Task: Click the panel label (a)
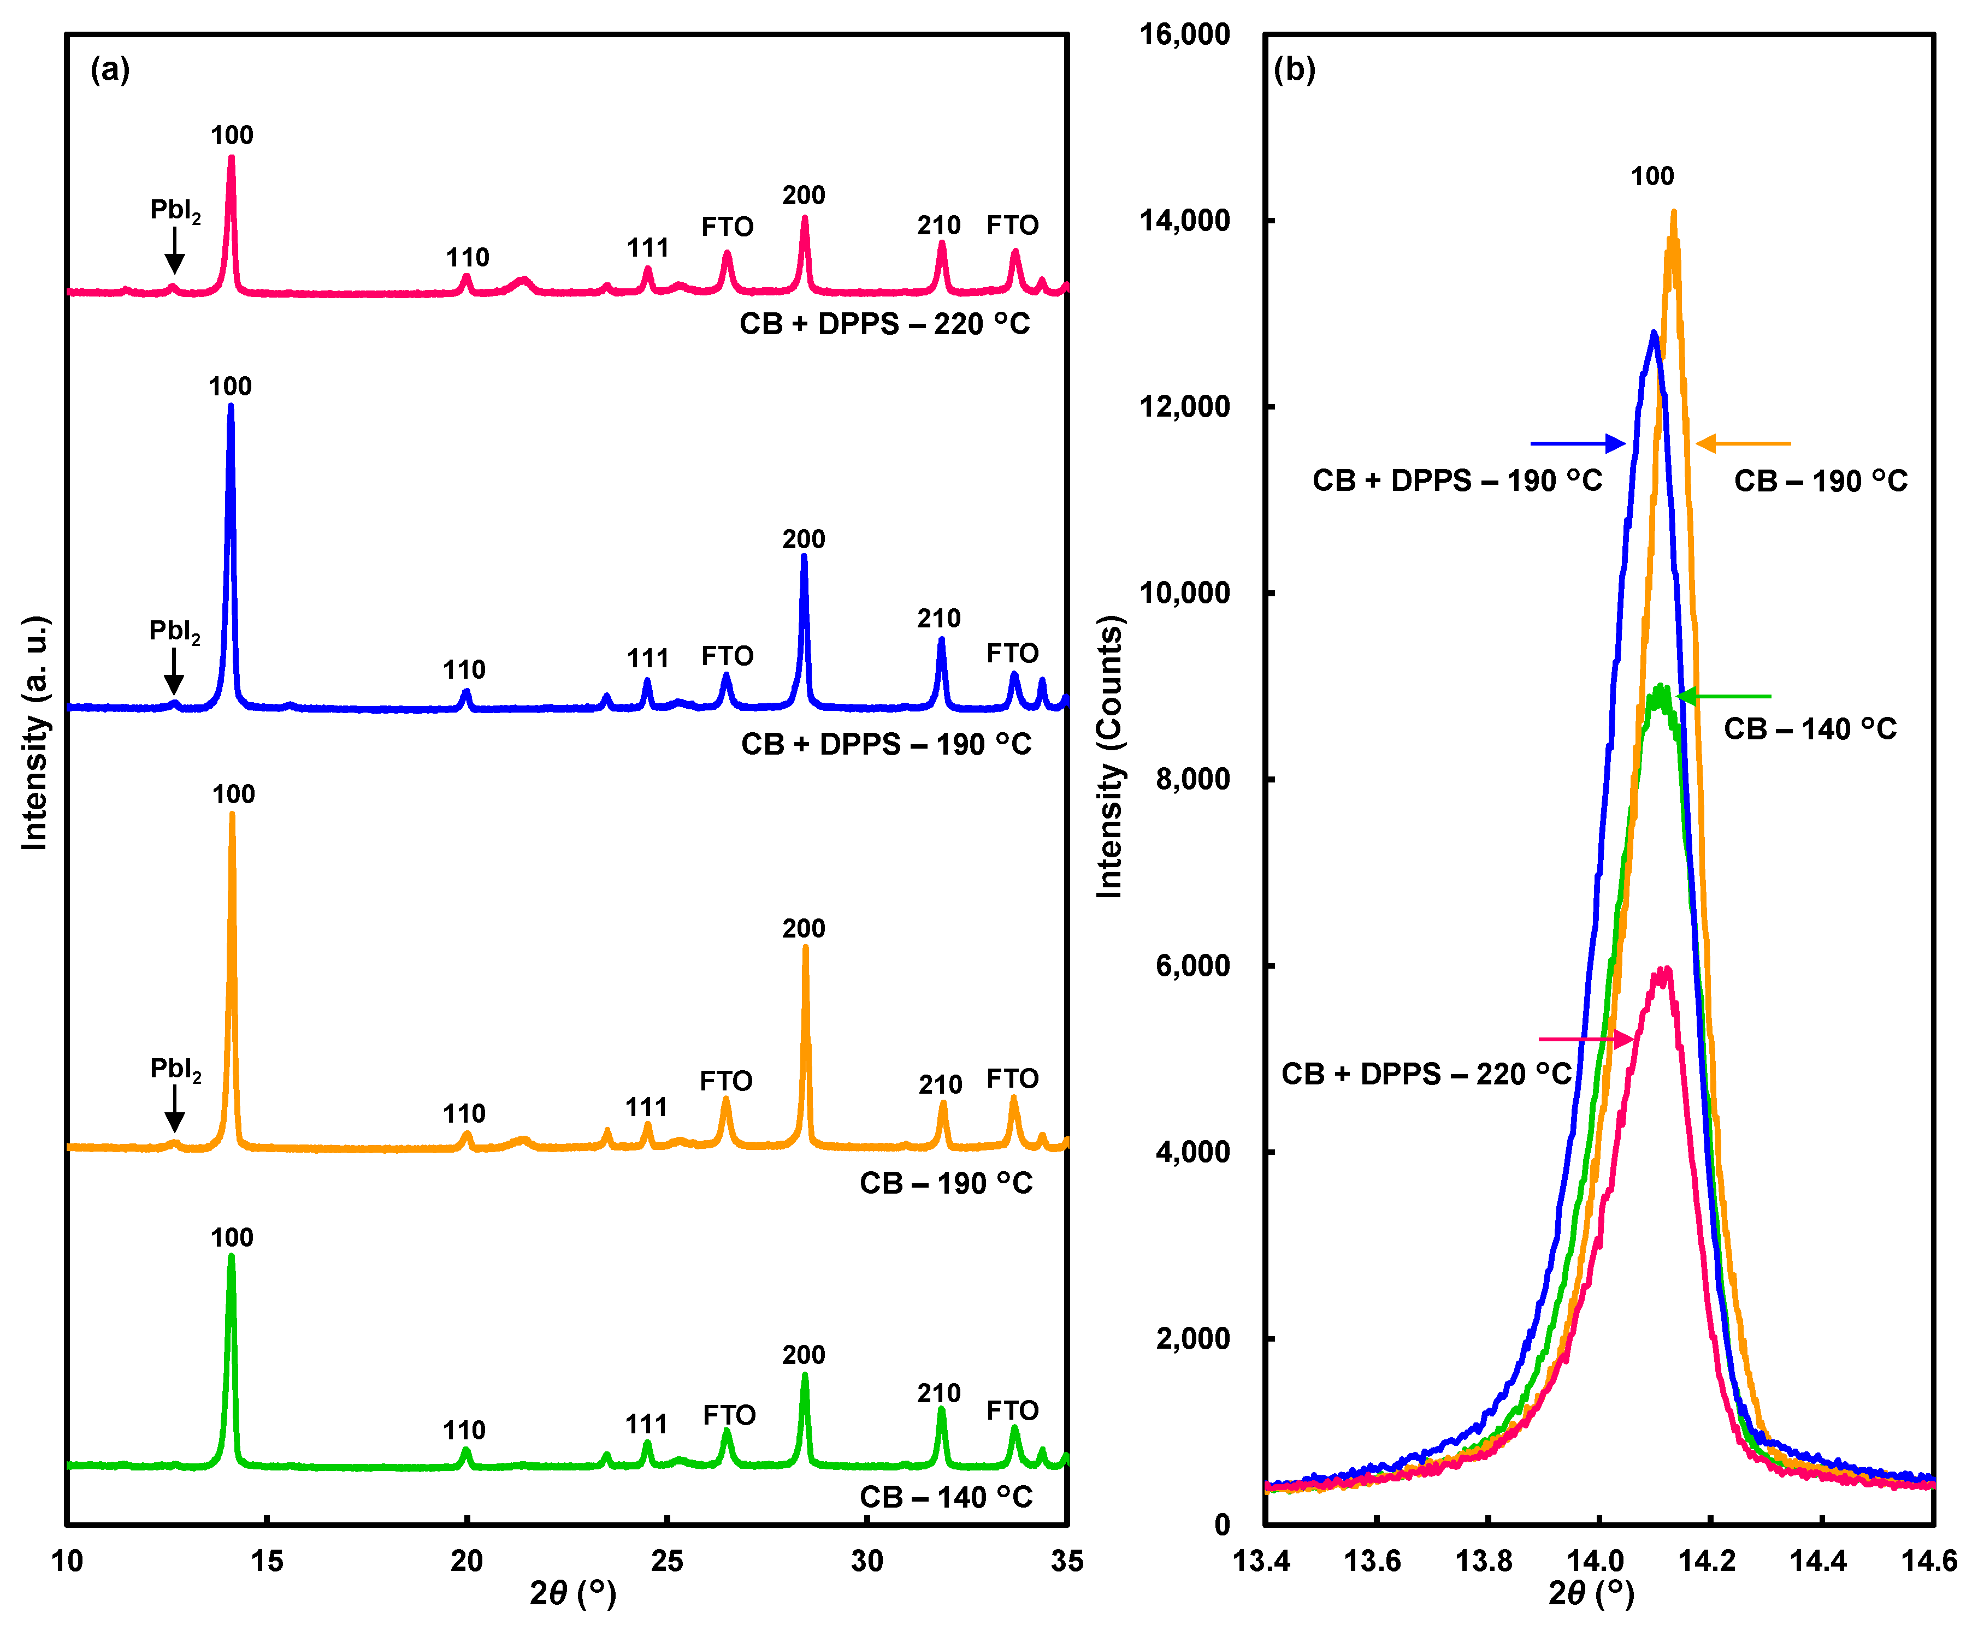(110, 69)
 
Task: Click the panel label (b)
(1294, 69)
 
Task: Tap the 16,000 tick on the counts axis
(1184, 35)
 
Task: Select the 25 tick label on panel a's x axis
(666, 1562)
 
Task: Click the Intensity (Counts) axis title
(1110, 756)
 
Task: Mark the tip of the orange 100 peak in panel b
(1674, 213)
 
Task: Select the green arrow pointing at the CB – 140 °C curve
(1725, 696)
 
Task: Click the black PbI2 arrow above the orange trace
(175, 1108)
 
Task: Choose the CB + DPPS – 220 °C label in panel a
(884, 324)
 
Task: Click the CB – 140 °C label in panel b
(1810, 729)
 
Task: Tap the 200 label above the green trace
(804, 1355)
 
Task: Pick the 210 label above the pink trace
(938, 226)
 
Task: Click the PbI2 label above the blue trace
(175, 631)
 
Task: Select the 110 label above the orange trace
(464, 1114)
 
